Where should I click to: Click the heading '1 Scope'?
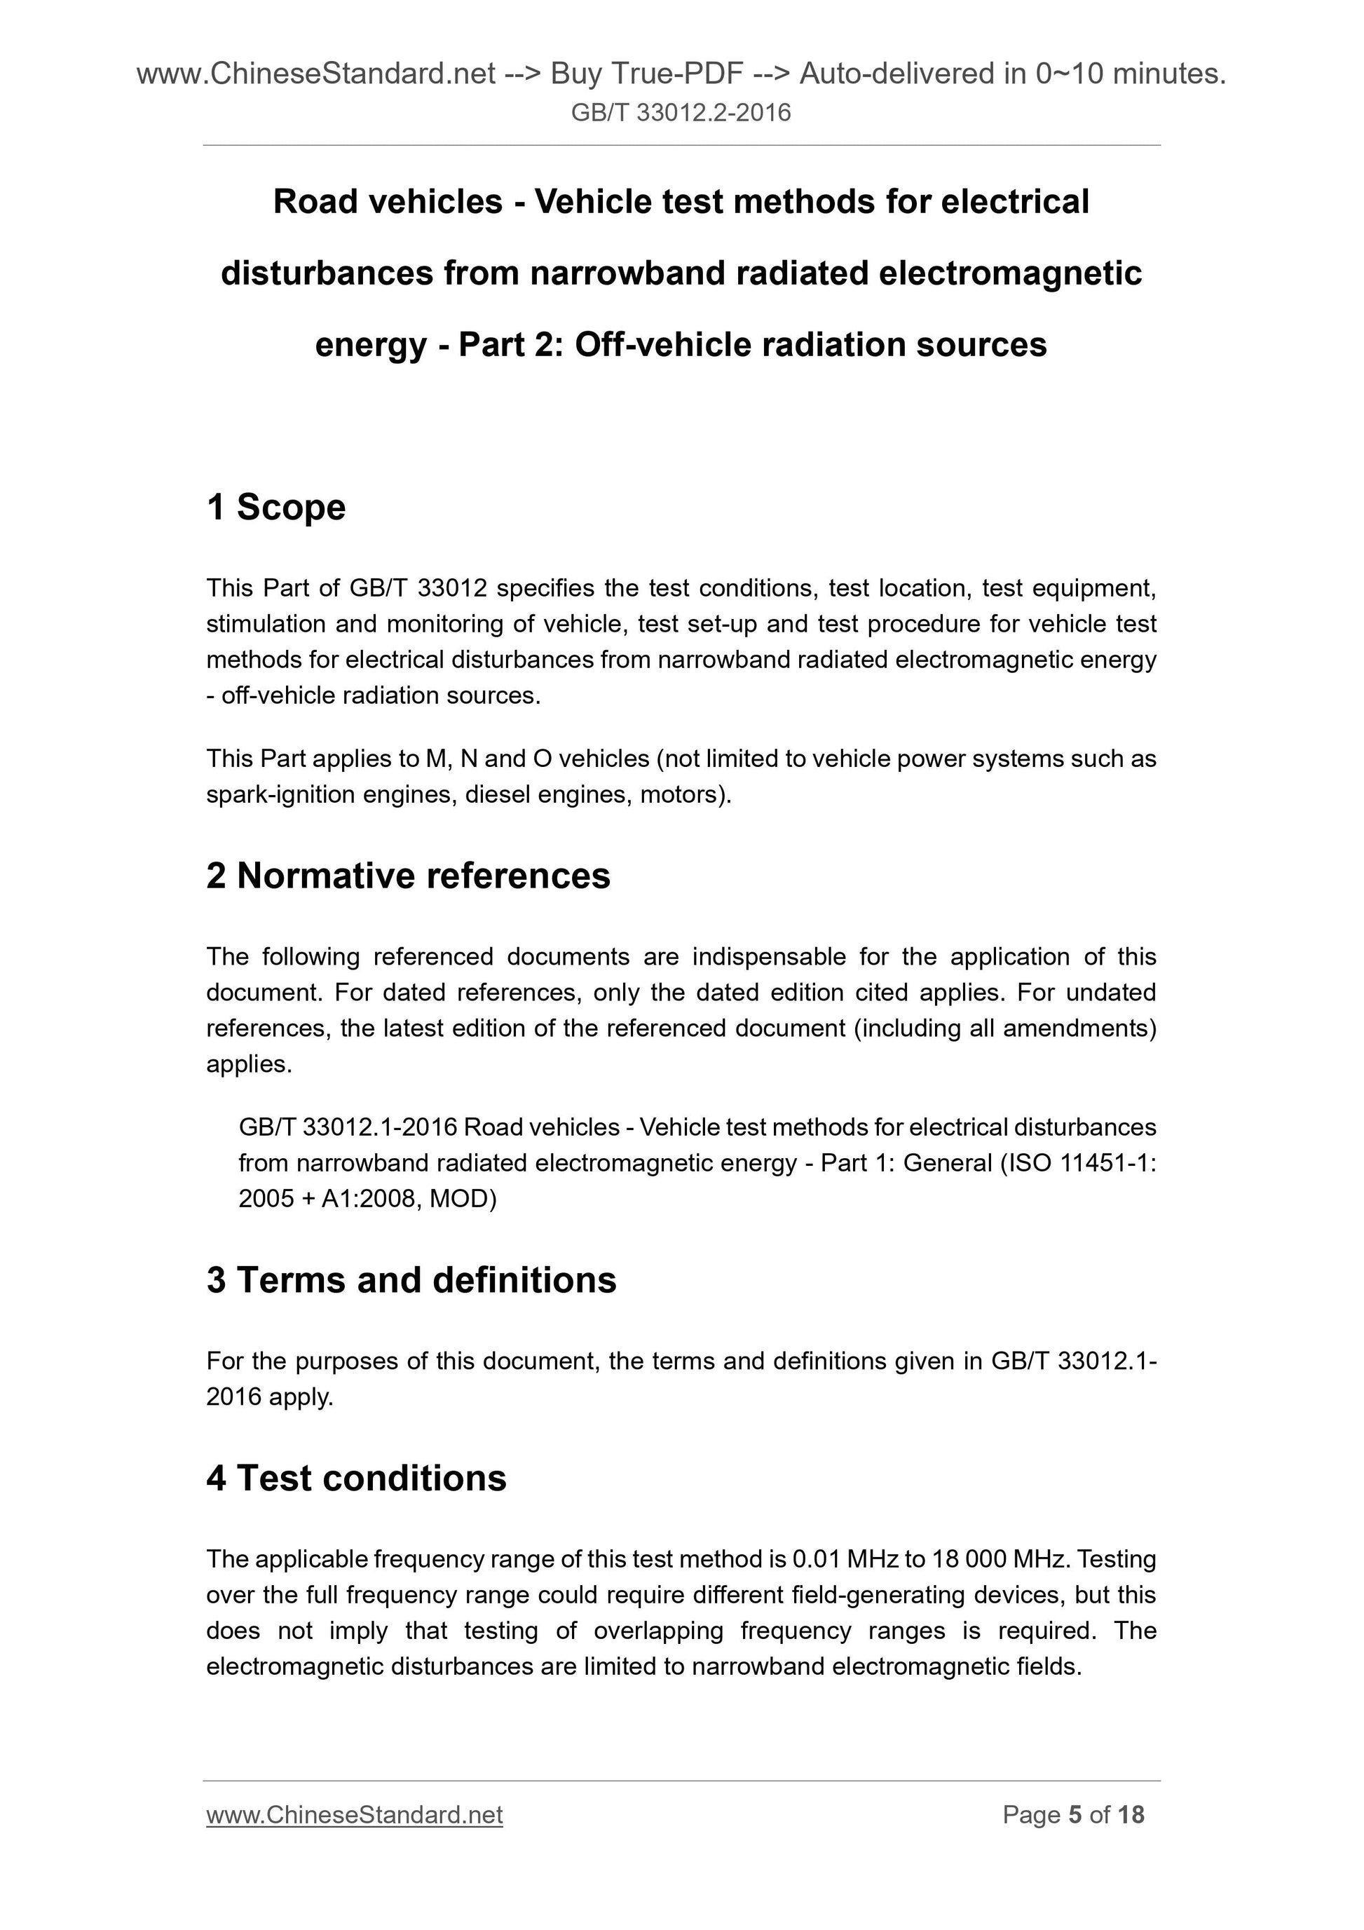(x=275, y=508)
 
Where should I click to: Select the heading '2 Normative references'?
(x=408, y=876)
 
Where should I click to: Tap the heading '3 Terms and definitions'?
(x=411, y=1280)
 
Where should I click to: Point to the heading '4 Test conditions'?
(x=356, y=1478)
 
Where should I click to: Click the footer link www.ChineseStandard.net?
(x=354, y=1815)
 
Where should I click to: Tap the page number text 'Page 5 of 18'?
(x=1072, y=1815)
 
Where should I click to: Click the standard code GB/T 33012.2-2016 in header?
(x=681, y=113)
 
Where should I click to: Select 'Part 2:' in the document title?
(x=510, y=345)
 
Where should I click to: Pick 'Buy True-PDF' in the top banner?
(x=646, y=75)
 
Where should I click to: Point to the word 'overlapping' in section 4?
(x=658, y=1631)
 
